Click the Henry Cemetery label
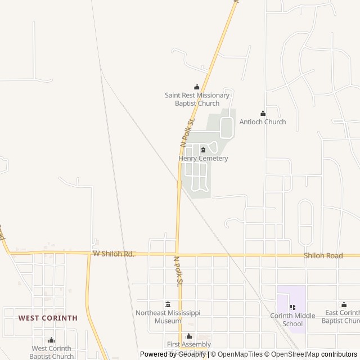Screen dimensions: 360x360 203,159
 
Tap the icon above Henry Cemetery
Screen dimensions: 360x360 203,150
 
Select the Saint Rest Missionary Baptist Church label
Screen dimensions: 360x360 197,99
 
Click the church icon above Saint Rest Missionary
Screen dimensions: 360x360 197,87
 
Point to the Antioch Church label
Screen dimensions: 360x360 263,121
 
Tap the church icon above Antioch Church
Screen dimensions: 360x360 263,113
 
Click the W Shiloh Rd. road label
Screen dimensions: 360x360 113,254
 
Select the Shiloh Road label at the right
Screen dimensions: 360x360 323,256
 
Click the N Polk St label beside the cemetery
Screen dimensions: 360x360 187,133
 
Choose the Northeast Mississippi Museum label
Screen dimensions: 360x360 168,317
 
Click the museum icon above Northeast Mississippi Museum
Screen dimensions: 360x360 168,304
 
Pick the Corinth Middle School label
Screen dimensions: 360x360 292,319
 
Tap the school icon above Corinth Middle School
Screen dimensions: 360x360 292,307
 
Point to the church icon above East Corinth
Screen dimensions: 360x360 344,304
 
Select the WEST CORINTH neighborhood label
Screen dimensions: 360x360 48,318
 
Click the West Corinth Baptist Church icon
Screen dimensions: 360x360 52,340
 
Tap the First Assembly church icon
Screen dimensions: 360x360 188,336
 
